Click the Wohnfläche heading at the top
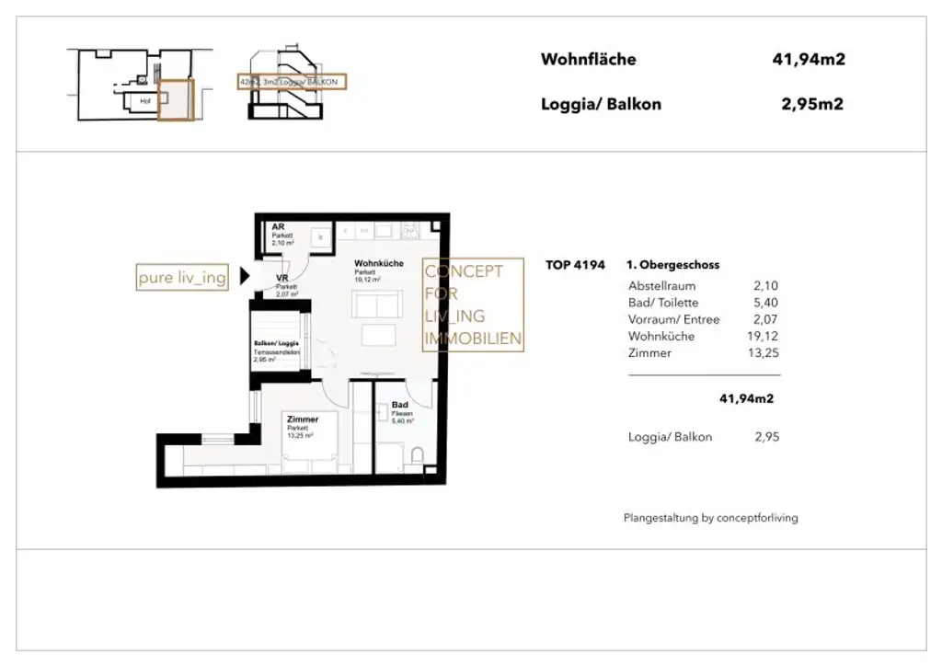[588, 60]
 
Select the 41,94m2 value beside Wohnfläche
[809, 60]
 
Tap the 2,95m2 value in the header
[812, 104]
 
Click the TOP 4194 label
[575, 265]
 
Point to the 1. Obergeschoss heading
[672, 265]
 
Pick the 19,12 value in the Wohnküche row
[764, 337]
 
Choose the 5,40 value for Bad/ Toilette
[766, 303]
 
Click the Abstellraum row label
[661, 286]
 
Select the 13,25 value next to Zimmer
[764, 353]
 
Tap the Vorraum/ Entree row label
[673, 319]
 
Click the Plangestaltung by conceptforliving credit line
[710, 518]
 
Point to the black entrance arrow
[245, 275]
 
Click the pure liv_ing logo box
[182, 277]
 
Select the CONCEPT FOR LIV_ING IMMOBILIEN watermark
[472, 304]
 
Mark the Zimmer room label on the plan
[302, 419]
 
